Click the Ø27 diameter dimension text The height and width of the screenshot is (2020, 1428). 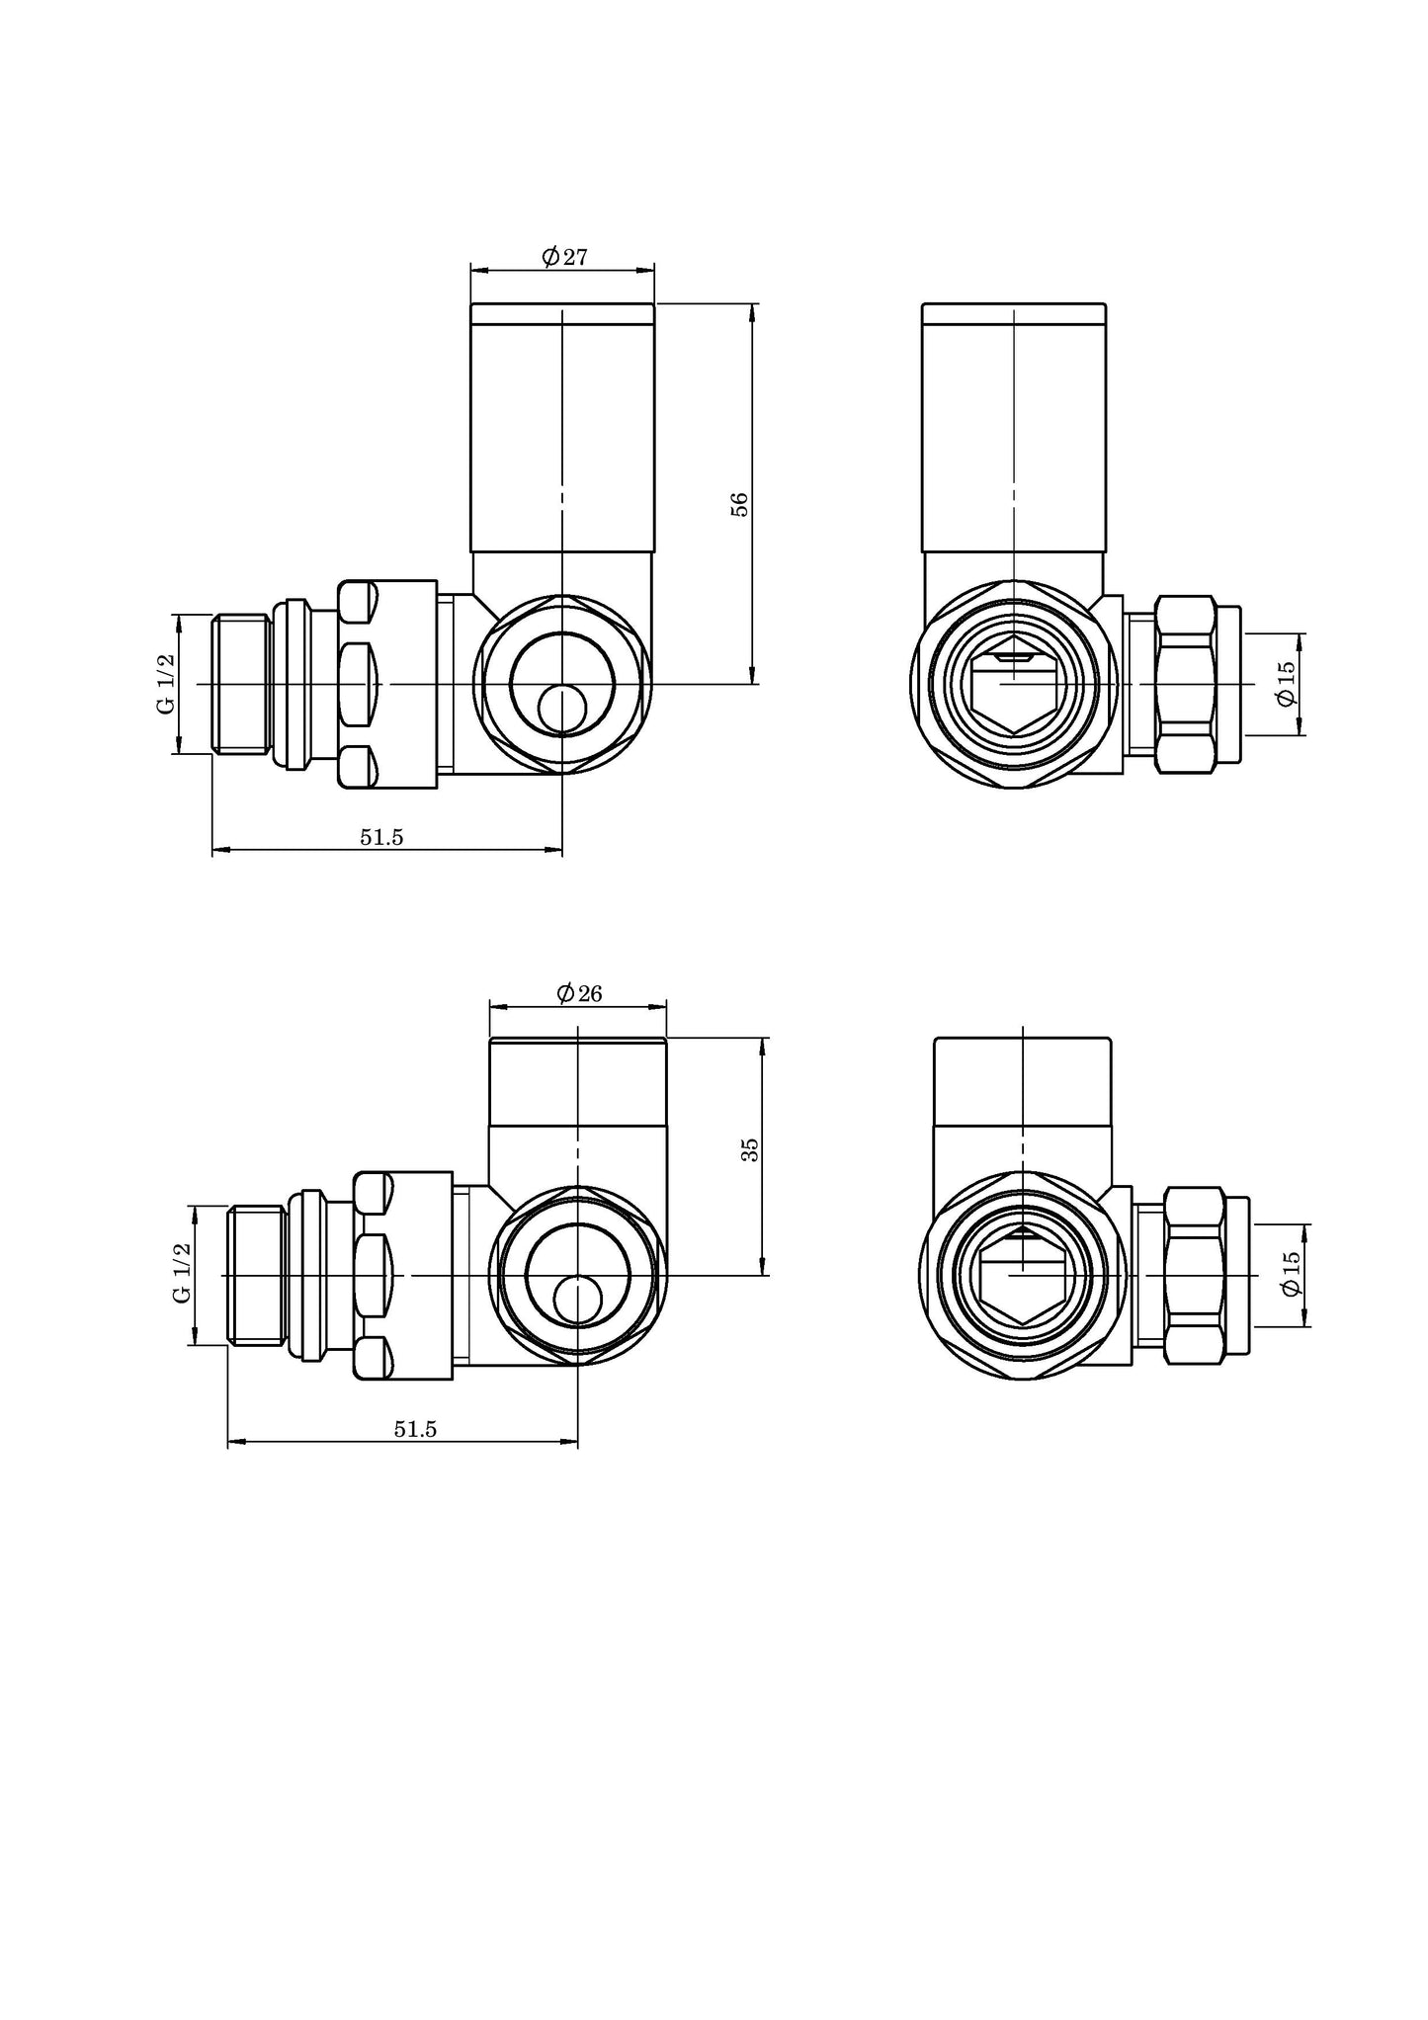point(564,257)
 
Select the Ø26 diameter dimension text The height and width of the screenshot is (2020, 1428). point(579,993)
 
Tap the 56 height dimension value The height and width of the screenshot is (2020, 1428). point(740,504)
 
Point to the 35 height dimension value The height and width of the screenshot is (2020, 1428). point(750,1149)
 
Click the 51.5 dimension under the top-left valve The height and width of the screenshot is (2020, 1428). point(381,837)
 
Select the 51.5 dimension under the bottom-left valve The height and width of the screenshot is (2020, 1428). point(415,1429)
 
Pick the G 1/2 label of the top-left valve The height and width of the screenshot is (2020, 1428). point(166,684)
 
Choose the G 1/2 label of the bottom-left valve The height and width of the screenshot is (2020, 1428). point(182,1274)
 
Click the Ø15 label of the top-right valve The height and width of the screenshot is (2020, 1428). point(1286,684)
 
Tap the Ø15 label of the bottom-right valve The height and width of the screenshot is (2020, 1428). point(1290,1274)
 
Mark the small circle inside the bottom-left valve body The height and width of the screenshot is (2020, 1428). point(577,1300)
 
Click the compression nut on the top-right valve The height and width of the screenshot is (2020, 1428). point(1185,684)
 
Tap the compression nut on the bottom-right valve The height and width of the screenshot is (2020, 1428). point(1196,1275)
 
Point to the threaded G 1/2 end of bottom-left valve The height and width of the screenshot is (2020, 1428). point(257,1275)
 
